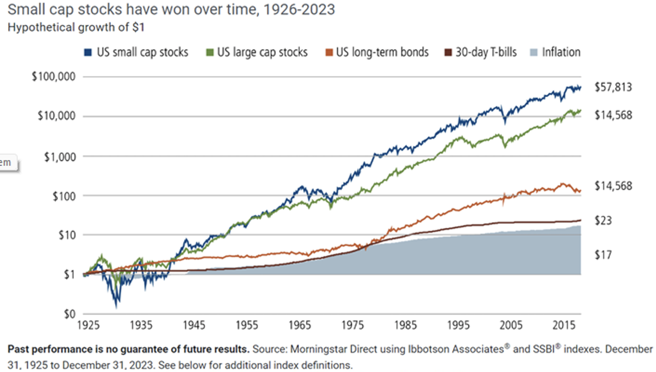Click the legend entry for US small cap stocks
[136, 52]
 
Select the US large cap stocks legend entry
[257, 52]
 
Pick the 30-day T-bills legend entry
[480, 52]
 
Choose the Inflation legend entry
[555, 52]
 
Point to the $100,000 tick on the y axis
[54, 76]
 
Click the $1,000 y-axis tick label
[60, 157]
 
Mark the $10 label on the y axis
[67, 235]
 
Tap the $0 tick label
[70, 314]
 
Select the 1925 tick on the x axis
[88, 325]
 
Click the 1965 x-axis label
[299, 325]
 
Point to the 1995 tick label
[458, 325]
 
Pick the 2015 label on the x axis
[564, 325]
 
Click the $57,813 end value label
[613, 87]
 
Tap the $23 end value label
[603, 221]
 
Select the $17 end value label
[603, 255]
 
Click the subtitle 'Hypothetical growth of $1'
[76, 27]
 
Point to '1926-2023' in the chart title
[299, 10]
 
